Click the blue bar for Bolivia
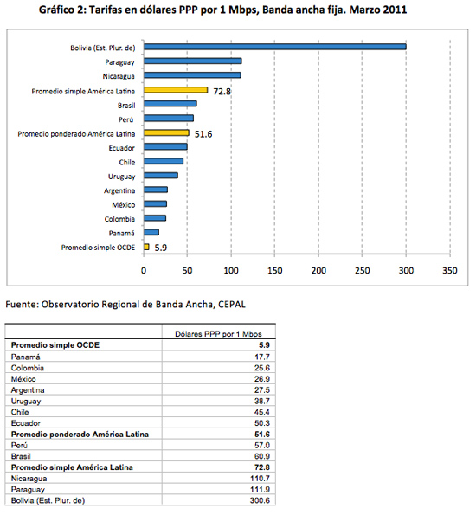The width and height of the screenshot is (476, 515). click(x=275, y=47)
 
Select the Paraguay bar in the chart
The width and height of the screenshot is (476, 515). click(x=193, y=61)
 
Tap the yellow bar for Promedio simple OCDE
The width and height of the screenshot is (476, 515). click(x=146, y=247)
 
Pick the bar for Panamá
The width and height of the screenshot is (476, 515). click(x=151, y=233)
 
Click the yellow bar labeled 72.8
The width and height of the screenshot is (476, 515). click(x=176, y=90)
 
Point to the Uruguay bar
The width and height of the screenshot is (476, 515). click(x=161, y=176)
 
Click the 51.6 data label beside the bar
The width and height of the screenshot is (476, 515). click(x=203, y=134)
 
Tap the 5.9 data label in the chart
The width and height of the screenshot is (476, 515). click(x=161, y=248)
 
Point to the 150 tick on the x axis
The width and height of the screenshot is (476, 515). click(x=274, y=271)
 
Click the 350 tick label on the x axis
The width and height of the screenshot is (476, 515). click(x=450, y=271)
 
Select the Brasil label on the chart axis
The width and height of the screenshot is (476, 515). click(x=126, y=106)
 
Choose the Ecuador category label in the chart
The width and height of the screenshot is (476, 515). click(x=121, y=148)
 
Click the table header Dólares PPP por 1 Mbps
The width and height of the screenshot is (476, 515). click(x=218, y=334)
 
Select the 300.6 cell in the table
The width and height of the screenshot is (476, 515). click(x=260, y=500)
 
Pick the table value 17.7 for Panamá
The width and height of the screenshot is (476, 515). click(x=262, y=357)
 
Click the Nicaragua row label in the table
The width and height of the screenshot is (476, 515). click(x=29, y=479)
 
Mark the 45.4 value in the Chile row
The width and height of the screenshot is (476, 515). click(x=262, y=412)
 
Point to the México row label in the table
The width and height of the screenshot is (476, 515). click(x=23, y=379)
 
